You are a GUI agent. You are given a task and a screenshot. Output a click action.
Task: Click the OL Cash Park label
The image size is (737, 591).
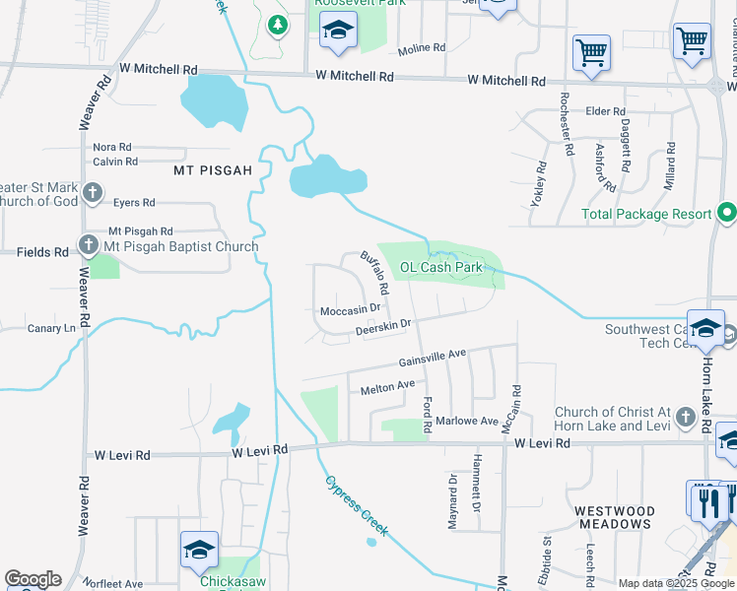click(440, 267)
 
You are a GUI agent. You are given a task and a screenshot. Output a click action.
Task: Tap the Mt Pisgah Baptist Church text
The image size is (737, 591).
click(181, 246)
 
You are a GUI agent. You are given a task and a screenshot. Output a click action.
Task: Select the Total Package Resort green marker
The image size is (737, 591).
click(727, 213)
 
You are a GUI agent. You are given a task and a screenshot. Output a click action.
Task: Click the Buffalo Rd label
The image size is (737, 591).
click(375, 273)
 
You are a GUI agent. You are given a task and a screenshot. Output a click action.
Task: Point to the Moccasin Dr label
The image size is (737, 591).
click(351, 310)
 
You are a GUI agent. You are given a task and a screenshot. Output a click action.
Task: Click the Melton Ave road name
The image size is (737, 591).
click(388, 386)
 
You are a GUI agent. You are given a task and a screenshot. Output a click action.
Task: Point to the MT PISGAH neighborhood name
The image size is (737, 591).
click(213, 170)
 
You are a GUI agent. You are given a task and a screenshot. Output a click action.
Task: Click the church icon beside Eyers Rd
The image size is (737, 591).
click(93, 193)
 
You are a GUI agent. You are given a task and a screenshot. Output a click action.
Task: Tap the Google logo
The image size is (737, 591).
click(33, 579)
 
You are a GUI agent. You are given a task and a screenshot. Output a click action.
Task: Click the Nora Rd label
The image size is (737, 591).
click(111, 147)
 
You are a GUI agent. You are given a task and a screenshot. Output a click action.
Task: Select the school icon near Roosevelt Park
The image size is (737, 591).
click(337, 32)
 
